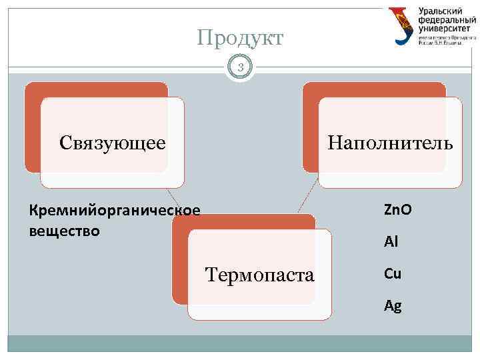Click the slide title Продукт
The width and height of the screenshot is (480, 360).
tap(240, 38)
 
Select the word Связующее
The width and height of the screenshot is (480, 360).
tap(112, 142)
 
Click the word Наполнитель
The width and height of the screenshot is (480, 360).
tap(390, 142)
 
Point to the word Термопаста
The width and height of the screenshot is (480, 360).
tap(260, 274)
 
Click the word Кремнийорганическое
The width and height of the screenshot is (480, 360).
tap(114, 211)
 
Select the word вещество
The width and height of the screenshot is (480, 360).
tap(65, 231)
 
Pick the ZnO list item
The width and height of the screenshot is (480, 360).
tap(397, 210)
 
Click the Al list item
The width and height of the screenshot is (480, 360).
tap(391, 243)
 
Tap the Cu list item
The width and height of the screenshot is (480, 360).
tap(392, 273)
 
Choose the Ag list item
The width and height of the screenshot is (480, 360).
tap(392, 306)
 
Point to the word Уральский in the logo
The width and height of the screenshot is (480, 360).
tap(443, 11)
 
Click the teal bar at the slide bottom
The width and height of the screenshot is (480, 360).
tap(240, 343)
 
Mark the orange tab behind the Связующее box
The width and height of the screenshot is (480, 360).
tap(32, 127)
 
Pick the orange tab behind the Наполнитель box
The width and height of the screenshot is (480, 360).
tap(310, 127)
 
